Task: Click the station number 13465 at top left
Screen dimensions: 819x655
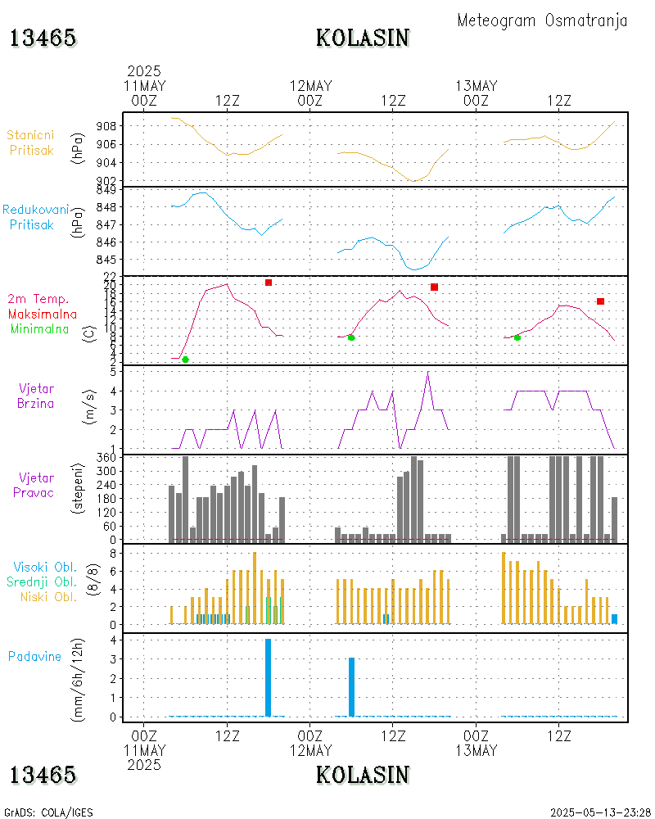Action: point(43,38)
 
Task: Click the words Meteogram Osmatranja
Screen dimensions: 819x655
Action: point(542,20)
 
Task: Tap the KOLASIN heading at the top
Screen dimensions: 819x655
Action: point(362,38)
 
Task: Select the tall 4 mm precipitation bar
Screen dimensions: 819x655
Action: point(268,677)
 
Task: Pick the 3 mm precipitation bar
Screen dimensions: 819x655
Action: point(351,686)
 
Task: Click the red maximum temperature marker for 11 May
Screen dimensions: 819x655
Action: point(269,283)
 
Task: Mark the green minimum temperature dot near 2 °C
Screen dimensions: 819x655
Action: point(185,360)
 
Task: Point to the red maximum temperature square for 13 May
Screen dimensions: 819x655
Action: point(600,301)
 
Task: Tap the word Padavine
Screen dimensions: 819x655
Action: point(34,656)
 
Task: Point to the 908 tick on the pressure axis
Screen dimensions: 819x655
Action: point(106,126)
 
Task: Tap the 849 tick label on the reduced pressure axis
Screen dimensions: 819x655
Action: point(106,189)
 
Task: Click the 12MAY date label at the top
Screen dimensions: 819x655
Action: point(311,86)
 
